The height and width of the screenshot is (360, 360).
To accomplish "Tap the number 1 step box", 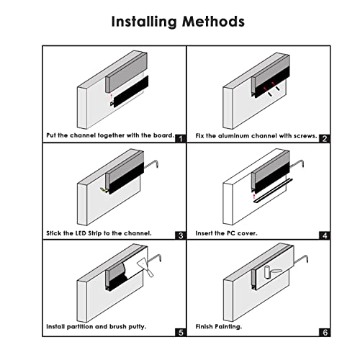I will pyautogui.click(x=179, y=138).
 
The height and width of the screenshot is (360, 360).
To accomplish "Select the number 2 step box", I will pyautogui.click(x=325, y=138).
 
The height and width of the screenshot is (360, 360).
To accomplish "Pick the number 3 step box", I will pyautogui.click(x=179, y=234).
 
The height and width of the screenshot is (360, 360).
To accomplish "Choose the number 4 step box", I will pyautogui.click(x=325, y=234).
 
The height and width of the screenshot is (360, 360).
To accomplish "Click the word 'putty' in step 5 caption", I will pyautogui.click(x=136, y=326).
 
